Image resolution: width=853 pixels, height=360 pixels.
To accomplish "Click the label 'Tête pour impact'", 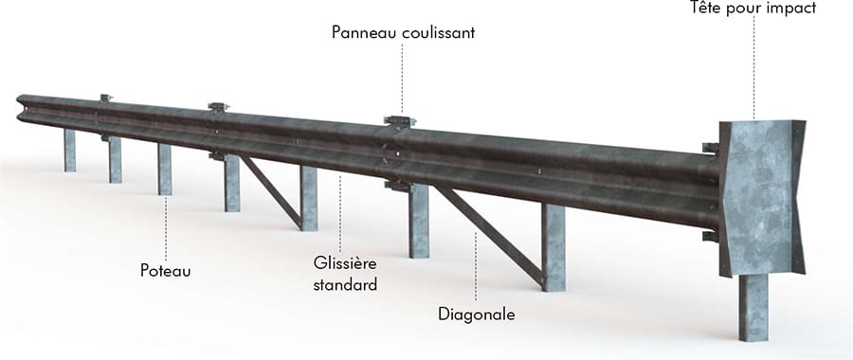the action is click(x=753, y=9).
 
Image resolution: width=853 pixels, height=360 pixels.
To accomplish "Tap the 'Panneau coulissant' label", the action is click(x=403, y=32).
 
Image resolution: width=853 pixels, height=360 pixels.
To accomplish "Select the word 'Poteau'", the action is click(x=165, y=271).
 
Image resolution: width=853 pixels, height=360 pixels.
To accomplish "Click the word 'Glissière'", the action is click(x=345, y=263).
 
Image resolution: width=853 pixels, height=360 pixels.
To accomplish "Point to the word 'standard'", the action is click(x=345, y=284).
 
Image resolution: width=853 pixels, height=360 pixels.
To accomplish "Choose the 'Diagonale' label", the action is click(x=477, y=315).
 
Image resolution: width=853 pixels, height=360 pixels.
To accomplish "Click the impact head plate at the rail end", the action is click(x=762, y=198).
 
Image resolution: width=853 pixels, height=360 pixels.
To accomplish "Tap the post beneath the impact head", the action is click(x=753, y=307).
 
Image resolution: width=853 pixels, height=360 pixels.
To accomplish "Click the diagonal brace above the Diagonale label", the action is click(x=490, y=235).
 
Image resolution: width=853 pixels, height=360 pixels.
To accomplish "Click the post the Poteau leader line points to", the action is click(x=165, y=170).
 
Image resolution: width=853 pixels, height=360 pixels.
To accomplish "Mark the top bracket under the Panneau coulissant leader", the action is click(x=400, y=121).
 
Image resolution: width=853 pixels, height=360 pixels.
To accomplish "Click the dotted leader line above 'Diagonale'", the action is click(x=476, y=266).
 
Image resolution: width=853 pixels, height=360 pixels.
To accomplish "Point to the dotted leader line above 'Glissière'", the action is click(x=340, y=213).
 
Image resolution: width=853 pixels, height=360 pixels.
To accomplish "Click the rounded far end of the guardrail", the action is click(x=21, y=107).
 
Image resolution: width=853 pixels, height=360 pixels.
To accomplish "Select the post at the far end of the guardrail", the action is click(x=69, y=150).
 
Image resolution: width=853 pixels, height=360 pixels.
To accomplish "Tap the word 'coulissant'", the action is click(x=439, y=32).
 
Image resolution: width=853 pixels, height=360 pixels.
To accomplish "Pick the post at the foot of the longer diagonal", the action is click(x=554, y=247).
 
